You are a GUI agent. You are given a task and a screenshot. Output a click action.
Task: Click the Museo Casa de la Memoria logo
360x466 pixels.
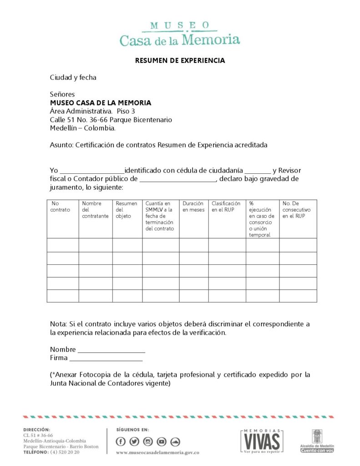pos(180,34)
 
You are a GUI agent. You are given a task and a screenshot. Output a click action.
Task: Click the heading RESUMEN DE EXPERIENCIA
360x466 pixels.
pos(180,60)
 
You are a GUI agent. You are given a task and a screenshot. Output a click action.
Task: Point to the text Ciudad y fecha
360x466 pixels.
pos(73,77)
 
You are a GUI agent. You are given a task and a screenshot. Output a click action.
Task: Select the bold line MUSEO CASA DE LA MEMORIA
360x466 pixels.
pos(101,103)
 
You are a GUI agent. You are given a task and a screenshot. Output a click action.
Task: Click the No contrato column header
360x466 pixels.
pos(61,207)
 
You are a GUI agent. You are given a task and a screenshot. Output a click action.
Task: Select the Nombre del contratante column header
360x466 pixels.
pos(95,210)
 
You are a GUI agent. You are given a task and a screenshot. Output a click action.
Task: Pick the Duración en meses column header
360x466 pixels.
pos(193,207)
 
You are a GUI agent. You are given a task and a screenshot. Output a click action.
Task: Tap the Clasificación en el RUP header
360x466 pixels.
pos(226,207)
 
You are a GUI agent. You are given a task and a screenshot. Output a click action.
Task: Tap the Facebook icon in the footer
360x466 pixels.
pos(121,441)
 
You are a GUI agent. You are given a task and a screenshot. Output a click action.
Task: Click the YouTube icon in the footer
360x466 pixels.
pos(162,441)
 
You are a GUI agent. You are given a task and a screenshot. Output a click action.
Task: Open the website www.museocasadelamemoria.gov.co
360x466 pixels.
pos(158,453)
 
